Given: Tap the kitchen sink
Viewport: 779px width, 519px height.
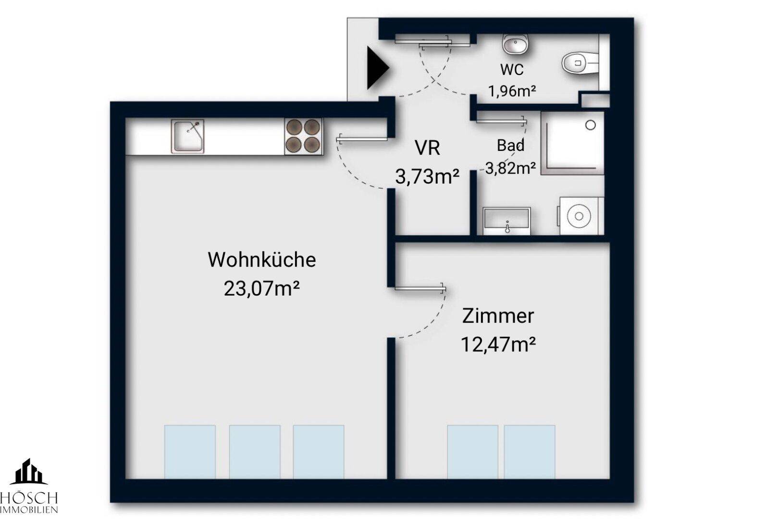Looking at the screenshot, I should (187, 136).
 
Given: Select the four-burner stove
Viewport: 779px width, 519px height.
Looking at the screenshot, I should (303, 136).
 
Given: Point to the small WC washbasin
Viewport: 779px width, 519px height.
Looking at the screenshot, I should (515, 44).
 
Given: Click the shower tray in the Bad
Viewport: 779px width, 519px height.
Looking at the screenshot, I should (572, 143).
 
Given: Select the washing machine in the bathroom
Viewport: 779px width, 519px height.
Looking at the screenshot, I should (581, 216).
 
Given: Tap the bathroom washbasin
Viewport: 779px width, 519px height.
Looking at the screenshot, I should (507, 221).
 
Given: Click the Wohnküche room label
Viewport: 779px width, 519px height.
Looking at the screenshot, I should (262, 260).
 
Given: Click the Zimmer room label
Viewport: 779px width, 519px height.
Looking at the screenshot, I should (498, 316).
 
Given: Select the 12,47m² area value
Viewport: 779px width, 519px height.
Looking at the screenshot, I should (498, 345).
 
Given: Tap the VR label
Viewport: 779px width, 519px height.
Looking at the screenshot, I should (427, 148).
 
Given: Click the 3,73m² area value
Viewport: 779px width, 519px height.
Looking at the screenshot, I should (427, 177).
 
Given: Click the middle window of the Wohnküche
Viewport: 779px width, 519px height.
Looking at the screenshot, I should (255, 452).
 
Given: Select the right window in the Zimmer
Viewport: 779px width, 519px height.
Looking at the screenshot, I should (530, 452).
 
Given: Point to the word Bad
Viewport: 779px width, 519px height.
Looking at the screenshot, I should (510, 145).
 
